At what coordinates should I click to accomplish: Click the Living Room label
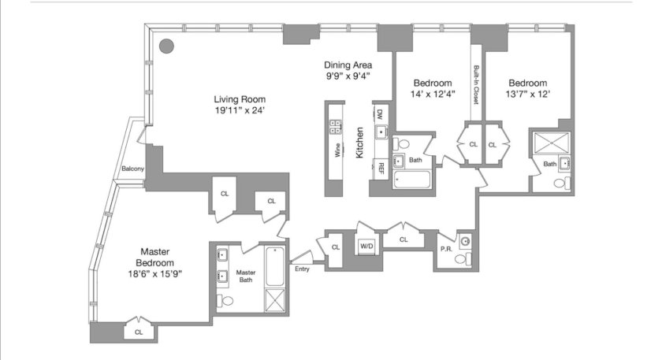240,99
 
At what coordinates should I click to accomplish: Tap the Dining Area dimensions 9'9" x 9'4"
348,76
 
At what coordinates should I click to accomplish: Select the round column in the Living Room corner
167,46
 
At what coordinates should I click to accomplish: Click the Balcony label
132,169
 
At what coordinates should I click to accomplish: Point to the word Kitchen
359,143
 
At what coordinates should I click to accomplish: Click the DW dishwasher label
380,114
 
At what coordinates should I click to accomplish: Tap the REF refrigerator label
381,169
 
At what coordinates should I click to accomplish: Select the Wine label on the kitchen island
337,150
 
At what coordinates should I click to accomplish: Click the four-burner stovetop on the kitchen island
335,127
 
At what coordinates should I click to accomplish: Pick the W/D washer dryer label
366,246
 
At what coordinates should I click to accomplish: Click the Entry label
302,269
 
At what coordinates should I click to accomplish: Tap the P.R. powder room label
446,249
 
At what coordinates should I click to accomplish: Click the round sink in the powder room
465,242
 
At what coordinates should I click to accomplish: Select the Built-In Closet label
476,85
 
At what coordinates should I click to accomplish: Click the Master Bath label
246,276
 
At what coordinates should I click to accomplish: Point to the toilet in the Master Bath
225,301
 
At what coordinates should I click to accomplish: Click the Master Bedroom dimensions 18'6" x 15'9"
155,274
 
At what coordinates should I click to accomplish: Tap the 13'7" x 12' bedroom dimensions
528,94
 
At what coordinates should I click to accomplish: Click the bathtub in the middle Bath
412,180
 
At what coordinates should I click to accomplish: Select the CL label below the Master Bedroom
139,332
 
